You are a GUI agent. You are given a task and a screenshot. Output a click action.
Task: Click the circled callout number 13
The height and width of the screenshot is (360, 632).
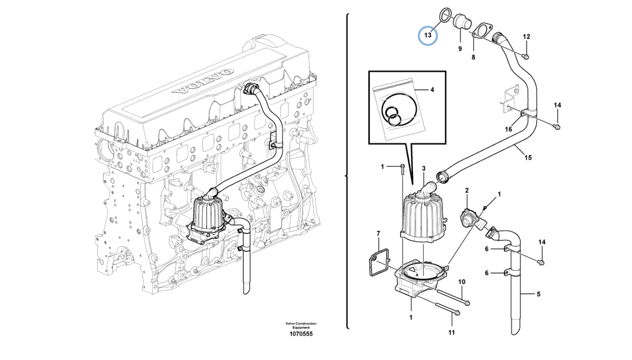pos(428,35)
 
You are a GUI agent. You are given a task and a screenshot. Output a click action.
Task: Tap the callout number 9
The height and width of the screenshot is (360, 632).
pos(460,49)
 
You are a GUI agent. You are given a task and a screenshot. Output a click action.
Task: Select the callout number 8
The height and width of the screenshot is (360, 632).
pos(473,57)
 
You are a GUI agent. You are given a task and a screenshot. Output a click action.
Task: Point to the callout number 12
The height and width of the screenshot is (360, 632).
pos(526,37)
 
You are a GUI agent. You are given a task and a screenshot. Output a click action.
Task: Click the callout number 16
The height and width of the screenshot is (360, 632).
pos(508,130)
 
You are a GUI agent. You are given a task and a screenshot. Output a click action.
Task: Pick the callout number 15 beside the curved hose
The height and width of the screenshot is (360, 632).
pos(528,158)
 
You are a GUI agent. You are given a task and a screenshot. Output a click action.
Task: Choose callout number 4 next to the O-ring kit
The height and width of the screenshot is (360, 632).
pos(432,90)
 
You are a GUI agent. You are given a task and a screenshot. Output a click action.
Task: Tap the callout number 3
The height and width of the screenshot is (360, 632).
pos(423,168)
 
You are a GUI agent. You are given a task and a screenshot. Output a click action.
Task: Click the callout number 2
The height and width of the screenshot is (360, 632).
pos(467,190)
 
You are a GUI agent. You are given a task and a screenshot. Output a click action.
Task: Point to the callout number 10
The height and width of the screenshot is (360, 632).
pos(462,282)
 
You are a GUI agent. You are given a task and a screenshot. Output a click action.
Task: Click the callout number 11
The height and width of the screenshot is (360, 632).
pos(451,332)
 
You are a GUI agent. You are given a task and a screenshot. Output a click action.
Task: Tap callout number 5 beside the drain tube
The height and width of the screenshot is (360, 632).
pos(538,294)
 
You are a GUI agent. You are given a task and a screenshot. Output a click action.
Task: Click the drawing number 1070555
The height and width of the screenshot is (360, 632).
pos(301,334)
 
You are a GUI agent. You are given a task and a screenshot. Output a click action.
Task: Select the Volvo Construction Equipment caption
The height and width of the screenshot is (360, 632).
pos(301,325)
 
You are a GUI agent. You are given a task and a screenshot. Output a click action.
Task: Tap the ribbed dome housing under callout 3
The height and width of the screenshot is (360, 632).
pos(423,217)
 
